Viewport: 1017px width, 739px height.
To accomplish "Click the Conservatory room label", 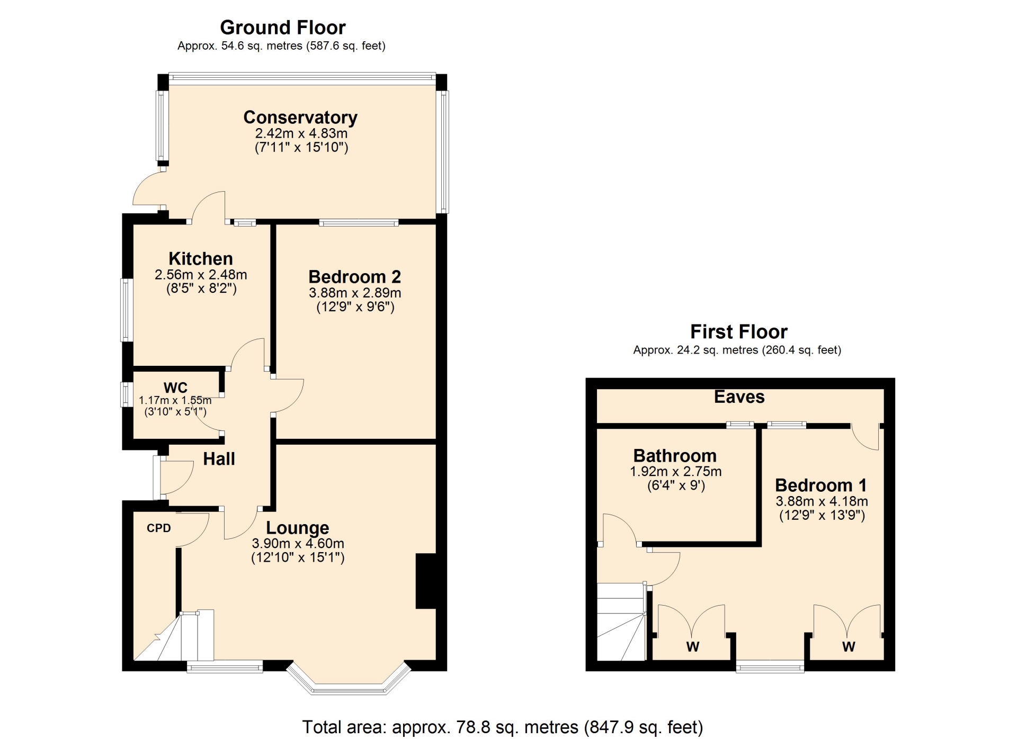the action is click(300, 117).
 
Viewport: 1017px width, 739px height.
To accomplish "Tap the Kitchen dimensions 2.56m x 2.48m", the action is click(201, 275).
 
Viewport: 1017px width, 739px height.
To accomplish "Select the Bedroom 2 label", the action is click(354, 276).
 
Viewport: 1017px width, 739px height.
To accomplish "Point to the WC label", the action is click(175, 387).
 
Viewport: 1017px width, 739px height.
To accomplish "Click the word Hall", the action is click(219, 458).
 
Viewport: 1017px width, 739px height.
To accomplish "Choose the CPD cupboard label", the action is click(159, 528).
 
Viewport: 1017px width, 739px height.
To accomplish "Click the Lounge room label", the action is click(297, 528).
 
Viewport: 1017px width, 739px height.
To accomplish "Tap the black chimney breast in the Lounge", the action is click(426, 581).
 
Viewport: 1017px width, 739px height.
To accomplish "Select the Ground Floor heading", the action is click(283, 27).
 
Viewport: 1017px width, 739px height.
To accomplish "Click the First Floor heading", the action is click(739, 331).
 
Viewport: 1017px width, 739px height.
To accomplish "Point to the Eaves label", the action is click(739, 396).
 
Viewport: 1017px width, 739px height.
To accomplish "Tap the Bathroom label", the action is click(675, 455).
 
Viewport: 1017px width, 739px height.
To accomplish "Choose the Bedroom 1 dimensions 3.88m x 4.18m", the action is click(822, 501).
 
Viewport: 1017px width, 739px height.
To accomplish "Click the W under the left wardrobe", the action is click(693, 646).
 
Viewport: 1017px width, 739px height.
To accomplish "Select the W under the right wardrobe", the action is click(849, 646).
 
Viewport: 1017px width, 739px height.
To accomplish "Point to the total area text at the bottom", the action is click(503, 727).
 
